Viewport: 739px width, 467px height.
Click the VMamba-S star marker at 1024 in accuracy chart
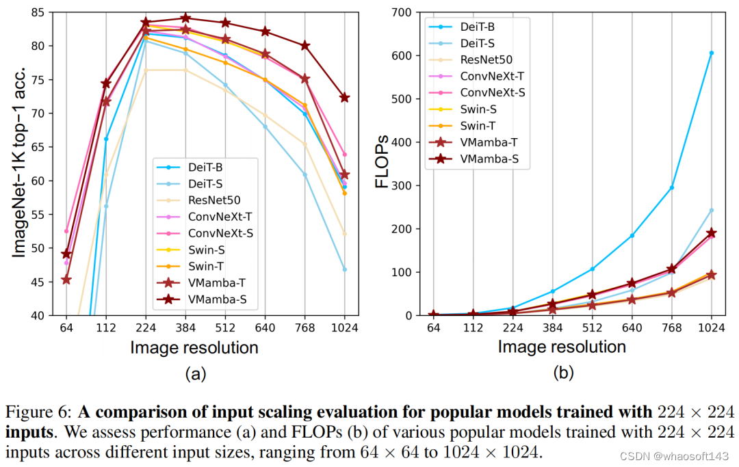345,98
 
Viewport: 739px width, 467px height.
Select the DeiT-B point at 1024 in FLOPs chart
711,53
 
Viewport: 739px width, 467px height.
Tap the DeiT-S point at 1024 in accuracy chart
345,269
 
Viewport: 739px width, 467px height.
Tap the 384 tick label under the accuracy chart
185,328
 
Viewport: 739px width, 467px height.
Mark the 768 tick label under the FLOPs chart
671,328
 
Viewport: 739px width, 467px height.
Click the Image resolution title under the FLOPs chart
561,347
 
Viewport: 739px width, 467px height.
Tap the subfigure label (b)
562,373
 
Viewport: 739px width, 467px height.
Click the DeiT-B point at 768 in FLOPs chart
671,187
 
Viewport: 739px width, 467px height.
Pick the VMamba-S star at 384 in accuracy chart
185,18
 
